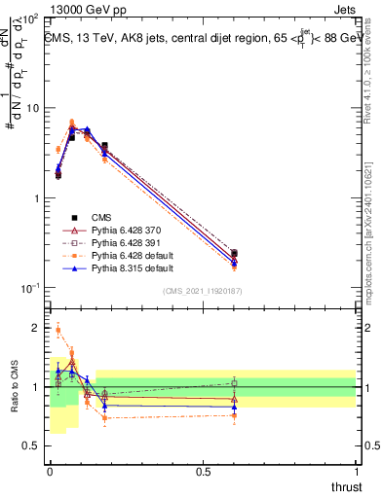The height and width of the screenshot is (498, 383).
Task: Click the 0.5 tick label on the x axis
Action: point(203,474)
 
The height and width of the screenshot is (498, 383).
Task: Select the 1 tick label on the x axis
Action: point(356,474)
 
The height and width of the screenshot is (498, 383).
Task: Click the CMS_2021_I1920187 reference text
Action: point(203,292)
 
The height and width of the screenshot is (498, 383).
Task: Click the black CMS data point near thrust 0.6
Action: point(234,254)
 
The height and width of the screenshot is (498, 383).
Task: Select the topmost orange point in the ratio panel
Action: point(57,331)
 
